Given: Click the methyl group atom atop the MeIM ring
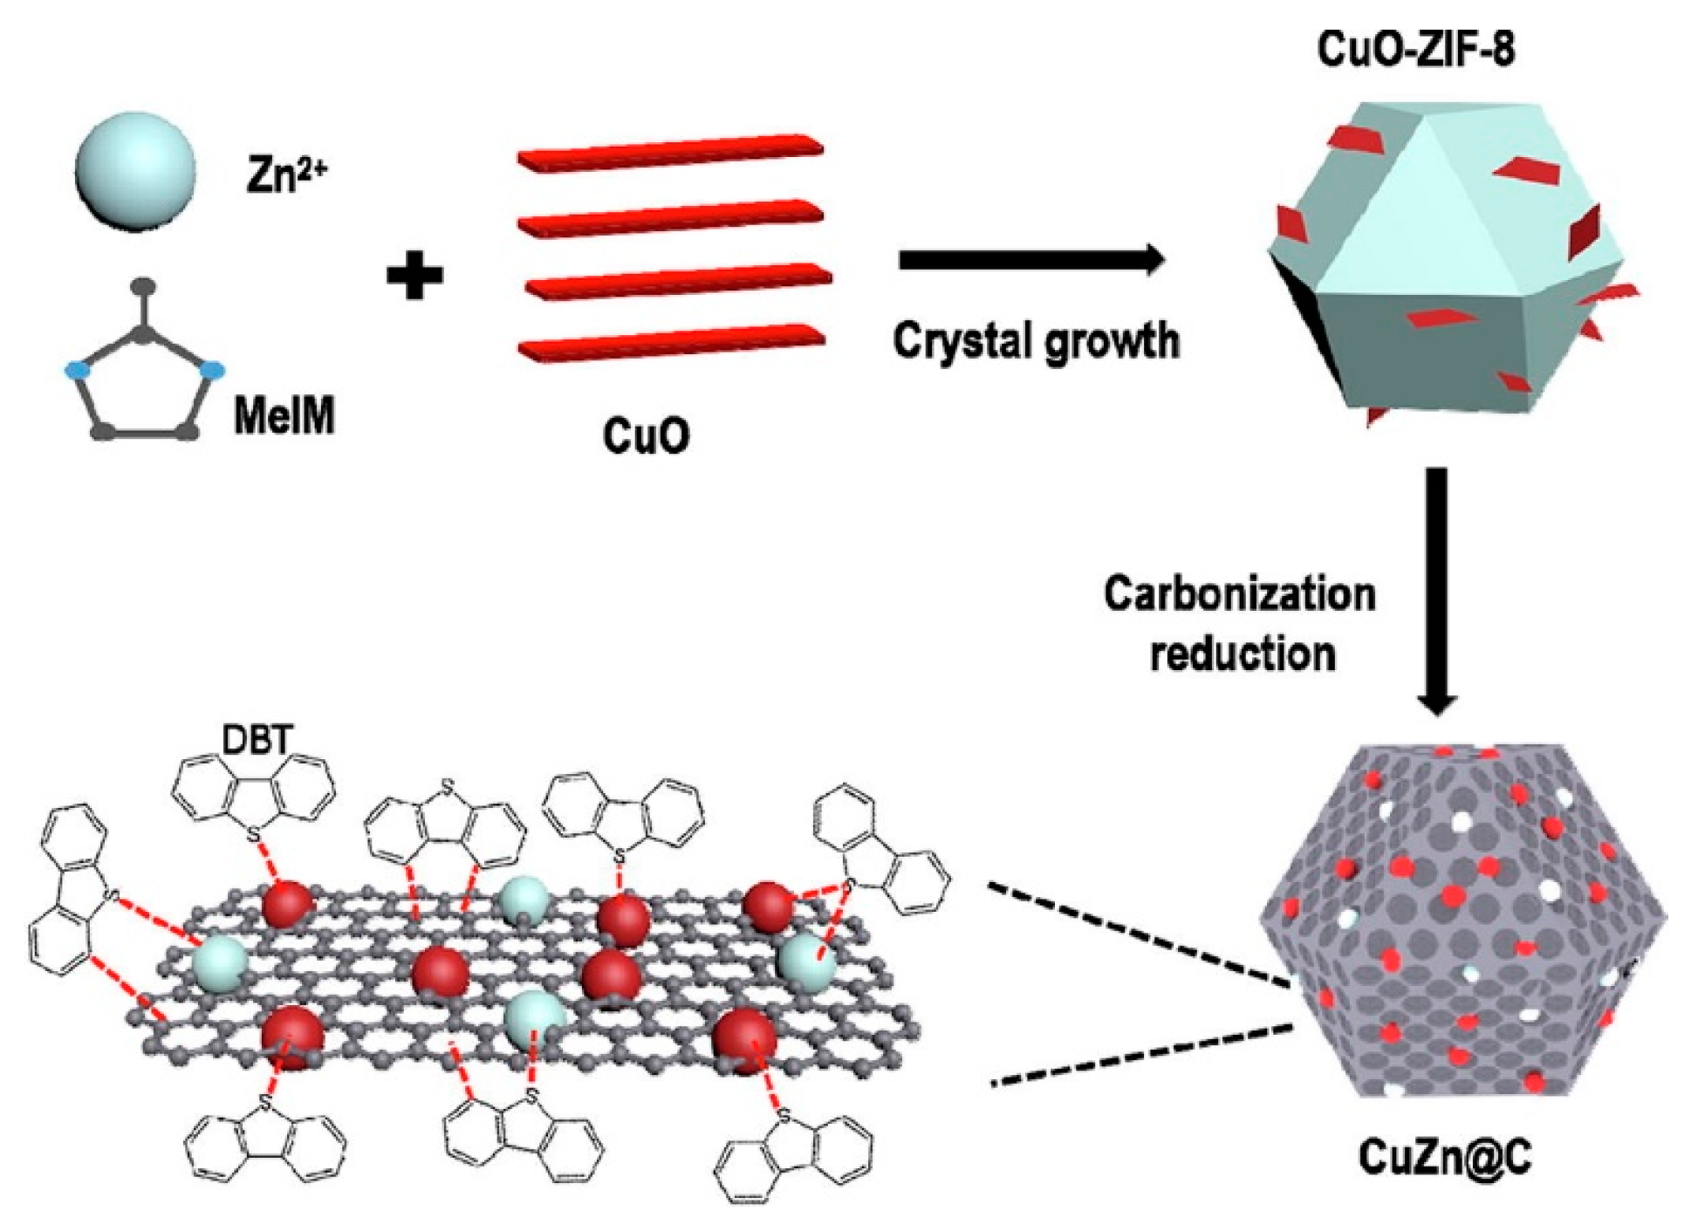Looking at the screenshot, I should (x=143, y=285).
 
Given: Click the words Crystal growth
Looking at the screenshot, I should (x=1036, y=340).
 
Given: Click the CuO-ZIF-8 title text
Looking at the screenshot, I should (x=1415, y=49).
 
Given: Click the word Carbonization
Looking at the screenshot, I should (x=1239, y=595).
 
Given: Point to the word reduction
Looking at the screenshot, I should (x=1243, y=653).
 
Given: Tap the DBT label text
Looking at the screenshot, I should (x=256, y=741).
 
